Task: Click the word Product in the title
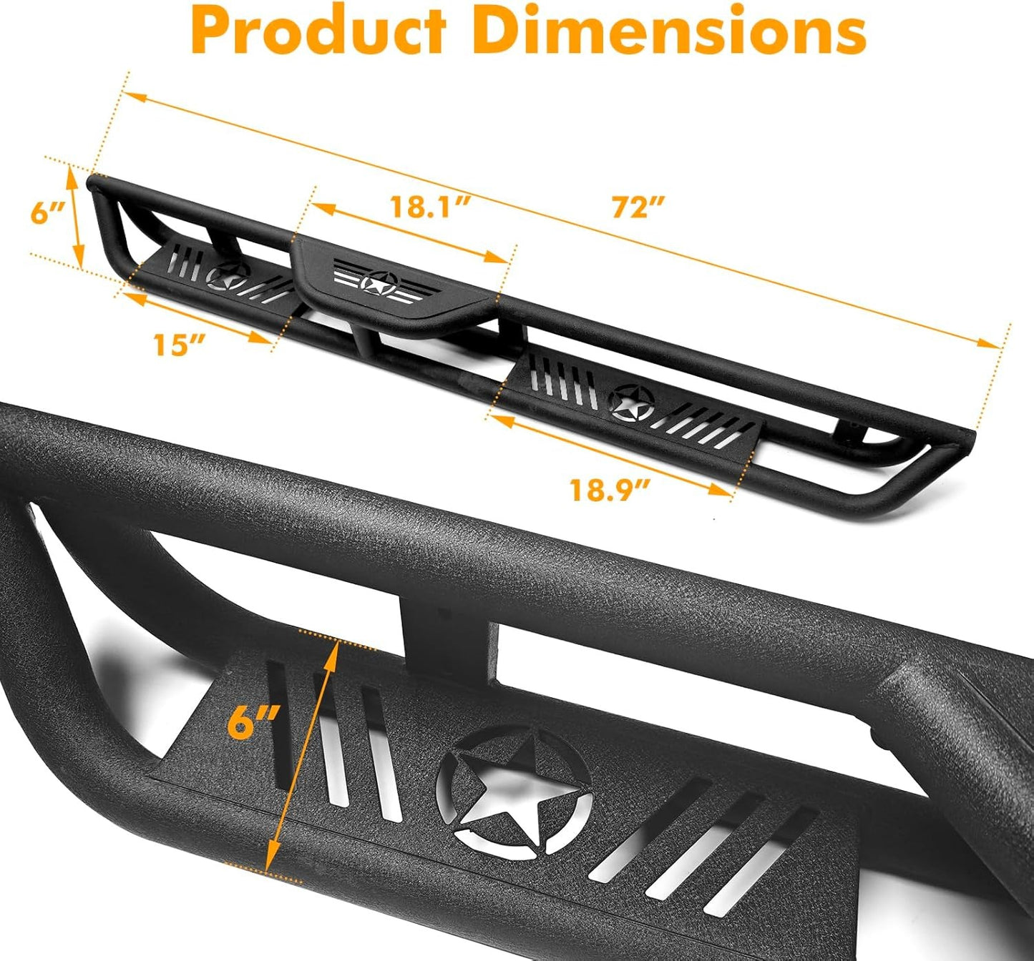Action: tap(318, 32)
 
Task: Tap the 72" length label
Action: tap(638, 207)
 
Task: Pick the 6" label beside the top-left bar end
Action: tap(47, 213)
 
